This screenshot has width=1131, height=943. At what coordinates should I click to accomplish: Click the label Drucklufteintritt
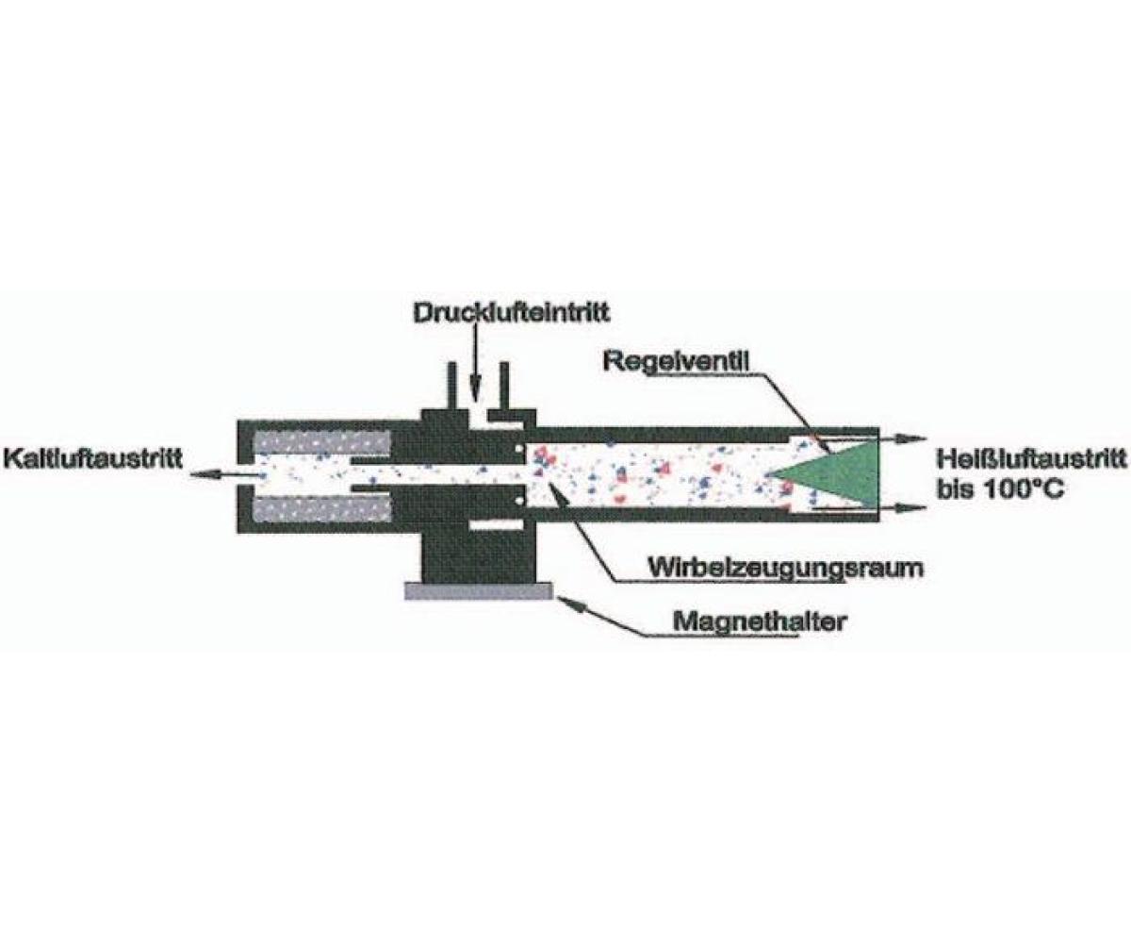pos(512,313)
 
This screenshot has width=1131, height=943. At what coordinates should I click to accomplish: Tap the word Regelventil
pos(676,362)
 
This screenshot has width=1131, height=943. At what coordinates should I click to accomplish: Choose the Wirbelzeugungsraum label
pos(786,568)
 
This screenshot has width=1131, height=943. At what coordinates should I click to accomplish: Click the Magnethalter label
pos(759,621)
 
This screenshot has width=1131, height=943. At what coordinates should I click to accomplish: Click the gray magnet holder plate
pos(478,590)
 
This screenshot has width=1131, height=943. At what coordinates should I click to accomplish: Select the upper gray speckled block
pos(321,445)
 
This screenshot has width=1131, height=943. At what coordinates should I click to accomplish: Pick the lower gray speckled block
pos(321,510)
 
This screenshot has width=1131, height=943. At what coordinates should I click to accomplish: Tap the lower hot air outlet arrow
pos(868,508)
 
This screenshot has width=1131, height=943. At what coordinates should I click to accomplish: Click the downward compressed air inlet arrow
pos(474,357)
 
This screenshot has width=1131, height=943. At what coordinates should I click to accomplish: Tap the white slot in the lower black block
pos(497,525)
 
